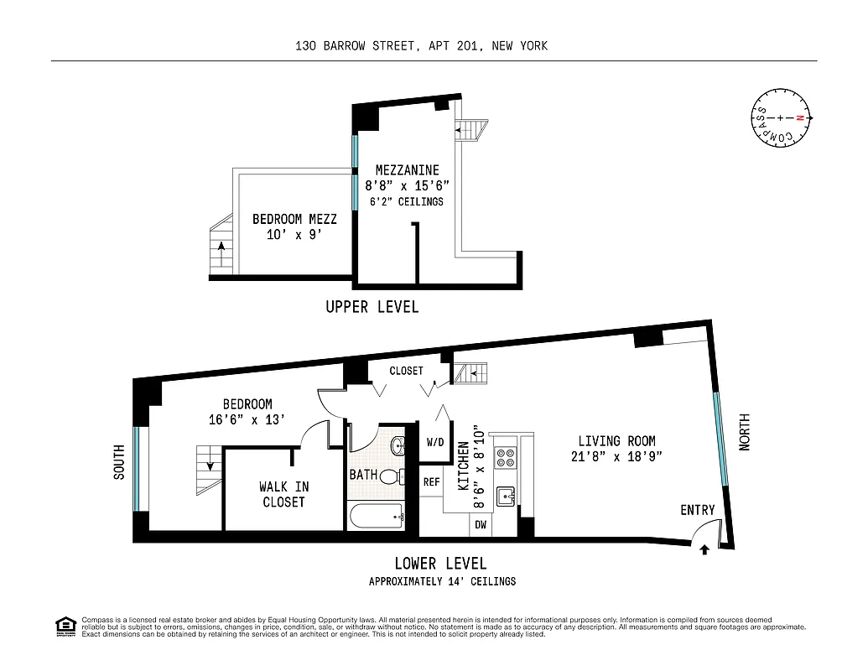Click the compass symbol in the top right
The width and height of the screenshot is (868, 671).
[x=781, y=118]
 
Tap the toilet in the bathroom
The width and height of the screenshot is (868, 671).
[x=390, y=477]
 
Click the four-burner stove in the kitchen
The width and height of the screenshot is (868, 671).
[x=506, y=458]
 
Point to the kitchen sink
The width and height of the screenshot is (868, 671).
[x=506, y=496]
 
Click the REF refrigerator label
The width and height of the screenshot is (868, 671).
[x=431, y=482]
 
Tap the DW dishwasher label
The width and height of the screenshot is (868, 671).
[x=481, y=525]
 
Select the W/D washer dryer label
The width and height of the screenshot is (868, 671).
[x=435, y=442]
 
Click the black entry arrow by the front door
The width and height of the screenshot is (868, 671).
[x=703, y=550]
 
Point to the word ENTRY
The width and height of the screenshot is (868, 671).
[x=697, y=510]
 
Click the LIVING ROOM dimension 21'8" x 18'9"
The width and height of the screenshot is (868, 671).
[x=616, y=457]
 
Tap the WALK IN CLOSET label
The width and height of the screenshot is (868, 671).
[x=283, y=494]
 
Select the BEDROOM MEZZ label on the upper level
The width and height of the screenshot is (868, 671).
[x=294, y=220]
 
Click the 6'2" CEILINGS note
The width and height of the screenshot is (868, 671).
[x=407, y=202]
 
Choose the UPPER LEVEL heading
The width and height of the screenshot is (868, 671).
[x=372, y=307]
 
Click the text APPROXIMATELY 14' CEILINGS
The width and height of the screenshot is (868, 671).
[x=442, y=581]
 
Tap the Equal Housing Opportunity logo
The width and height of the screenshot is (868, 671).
[x=65, y=627]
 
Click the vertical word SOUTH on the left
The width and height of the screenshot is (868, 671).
[x=118, y=462]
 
